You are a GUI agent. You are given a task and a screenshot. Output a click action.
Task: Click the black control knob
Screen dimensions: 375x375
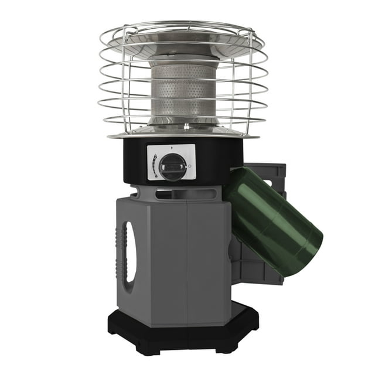(173, 167)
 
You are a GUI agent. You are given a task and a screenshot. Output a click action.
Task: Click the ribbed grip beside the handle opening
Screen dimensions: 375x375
(122, 252)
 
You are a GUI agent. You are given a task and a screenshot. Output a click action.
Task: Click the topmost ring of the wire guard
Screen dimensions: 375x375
(182, 27)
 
